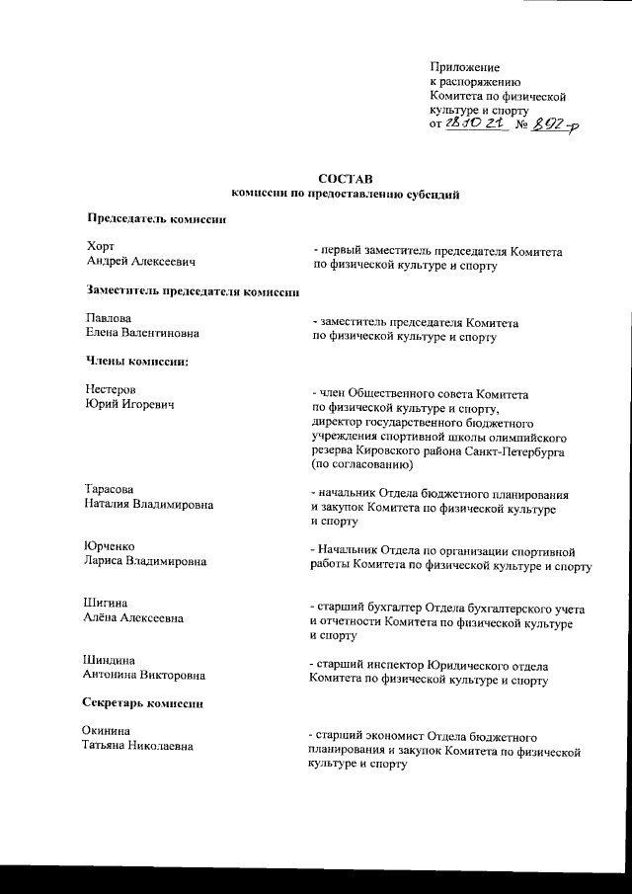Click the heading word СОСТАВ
tap(347, 180)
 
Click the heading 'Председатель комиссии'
tap(158, 217)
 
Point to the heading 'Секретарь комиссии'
tap(147, 703)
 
